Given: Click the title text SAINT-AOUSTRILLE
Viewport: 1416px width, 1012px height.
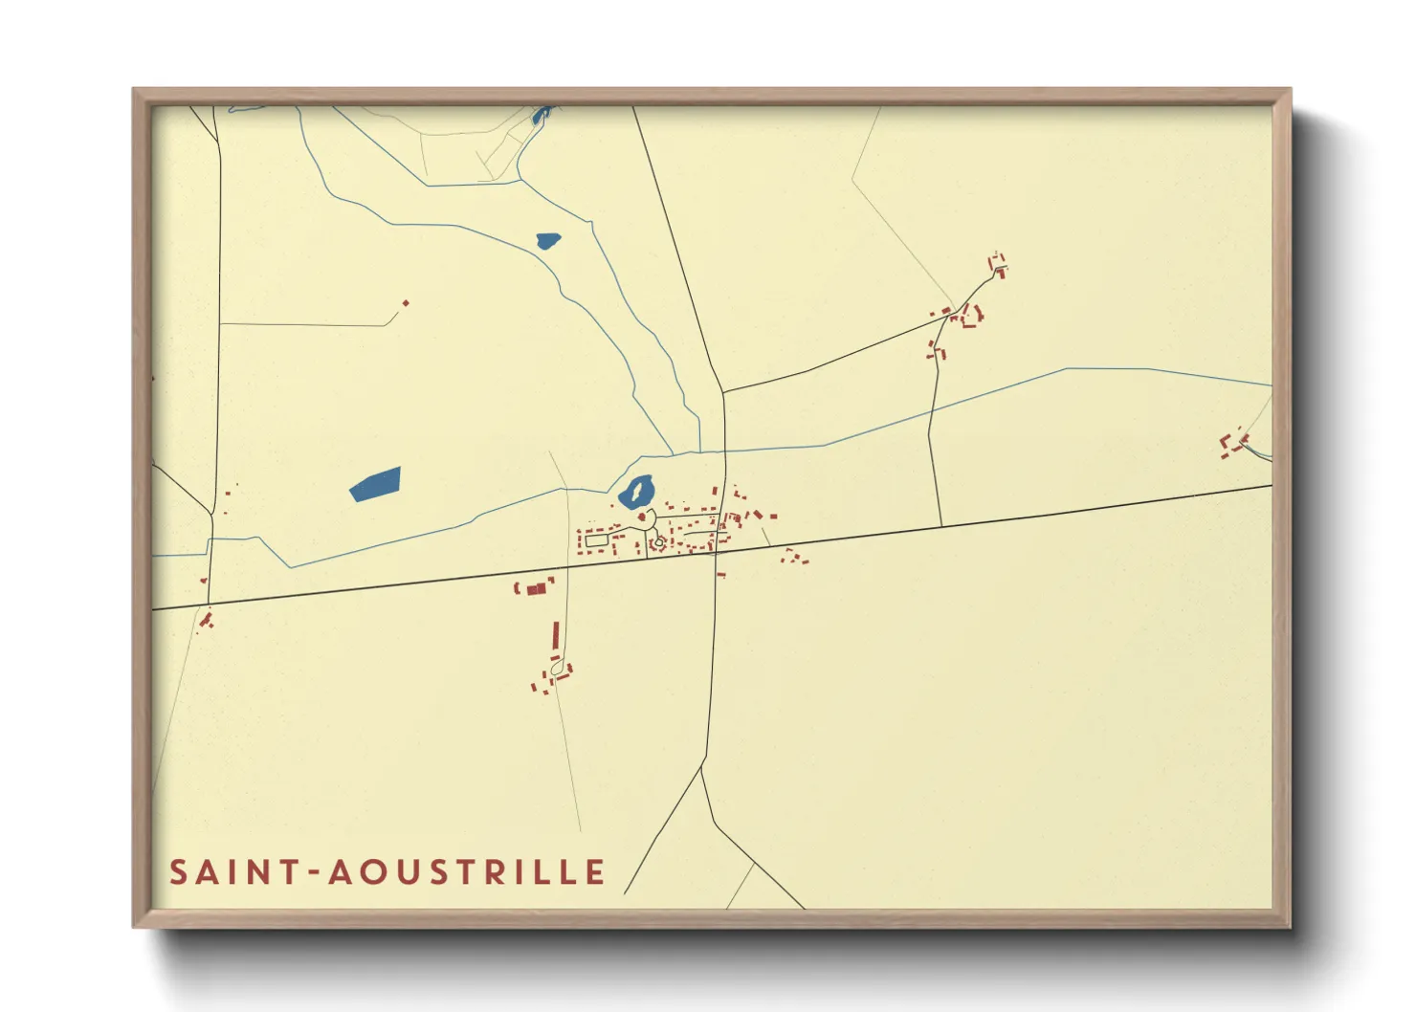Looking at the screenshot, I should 387,872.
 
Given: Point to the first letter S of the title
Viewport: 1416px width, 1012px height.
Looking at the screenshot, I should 178,872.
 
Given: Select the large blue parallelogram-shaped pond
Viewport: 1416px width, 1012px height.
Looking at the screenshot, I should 375,484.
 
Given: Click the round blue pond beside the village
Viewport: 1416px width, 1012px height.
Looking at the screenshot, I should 635,493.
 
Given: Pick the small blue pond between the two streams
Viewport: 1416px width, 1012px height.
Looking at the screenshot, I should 548,240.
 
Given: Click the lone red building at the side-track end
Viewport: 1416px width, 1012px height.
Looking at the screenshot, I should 406,303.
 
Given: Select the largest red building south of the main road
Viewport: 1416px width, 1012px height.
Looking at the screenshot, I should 536,587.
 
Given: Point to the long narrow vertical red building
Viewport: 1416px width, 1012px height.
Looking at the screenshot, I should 555,635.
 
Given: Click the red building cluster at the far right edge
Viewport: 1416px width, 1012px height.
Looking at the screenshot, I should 1234,443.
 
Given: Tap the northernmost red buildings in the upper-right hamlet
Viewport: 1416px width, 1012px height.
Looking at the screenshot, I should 998,264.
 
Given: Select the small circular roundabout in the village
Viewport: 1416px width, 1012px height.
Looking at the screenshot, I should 658,543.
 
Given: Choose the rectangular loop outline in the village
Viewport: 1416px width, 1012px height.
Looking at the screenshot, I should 596,540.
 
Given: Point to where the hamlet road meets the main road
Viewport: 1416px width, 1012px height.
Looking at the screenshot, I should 941,526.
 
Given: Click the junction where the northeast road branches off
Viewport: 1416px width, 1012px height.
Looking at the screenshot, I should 723,391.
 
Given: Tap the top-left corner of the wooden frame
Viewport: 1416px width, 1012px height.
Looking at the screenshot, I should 134,90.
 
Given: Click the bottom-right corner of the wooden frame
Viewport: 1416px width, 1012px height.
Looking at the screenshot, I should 1290,926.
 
